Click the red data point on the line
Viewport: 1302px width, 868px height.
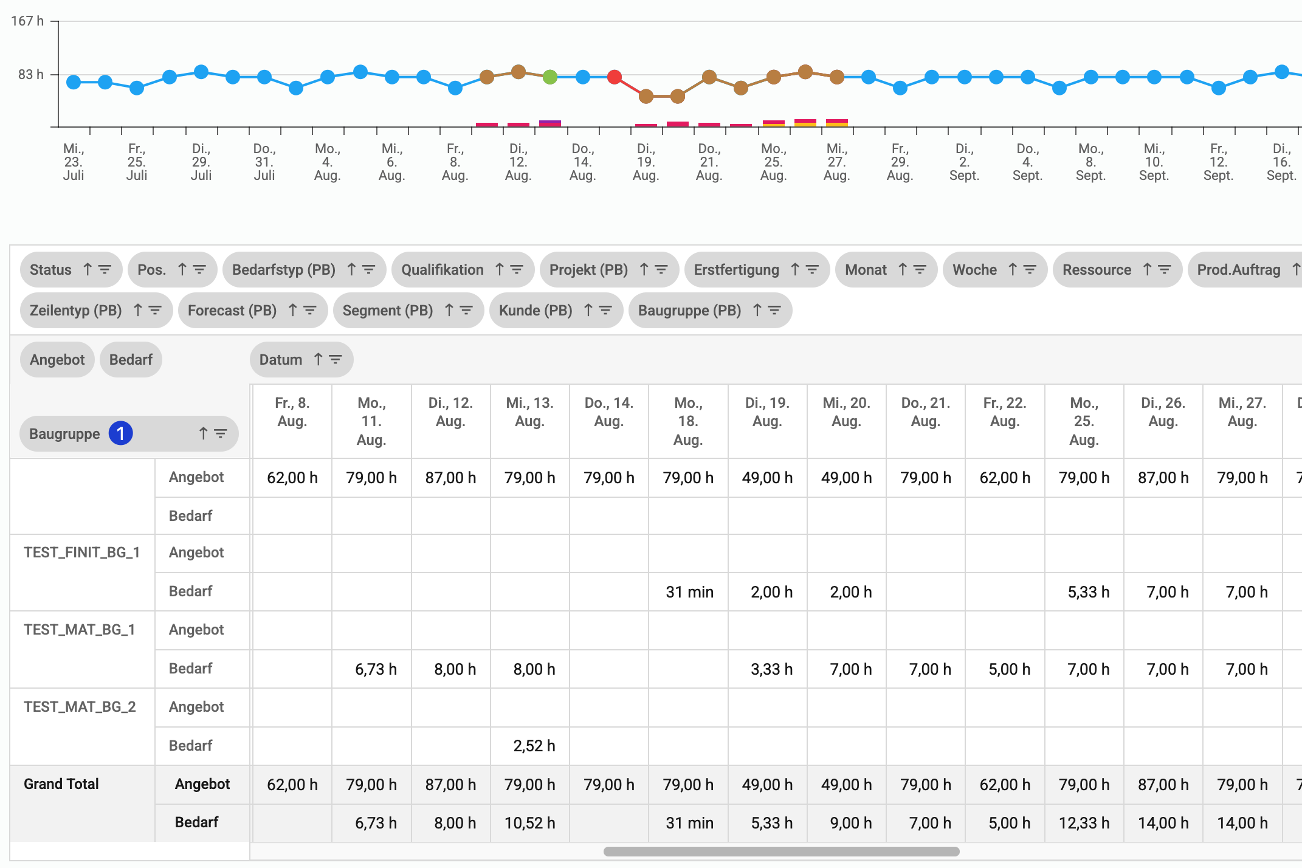615,77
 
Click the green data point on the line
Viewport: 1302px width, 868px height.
550,77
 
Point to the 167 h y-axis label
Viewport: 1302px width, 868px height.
27,21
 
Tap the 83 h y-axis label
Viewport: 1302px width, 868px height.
31,75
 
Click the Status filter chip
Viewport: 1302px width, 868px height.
71,270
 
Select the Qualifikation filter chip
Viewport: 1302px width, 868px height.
463,270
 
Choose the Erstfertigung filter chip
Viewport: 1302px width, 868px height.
756,270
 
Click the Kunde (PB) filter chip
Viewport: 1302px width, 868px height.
556,311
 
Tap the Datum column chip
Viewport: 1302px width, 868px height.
301,360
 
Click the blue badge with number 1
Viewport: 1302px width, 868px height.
120,433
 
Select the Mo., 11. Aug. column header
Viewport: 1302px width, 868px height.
371,421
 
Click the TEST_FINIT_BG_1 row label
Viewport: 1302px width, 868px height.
82,553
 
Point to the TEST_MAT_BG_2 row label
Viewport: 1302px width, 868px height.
80,707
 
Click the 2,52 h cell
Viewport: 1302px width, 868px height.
534,746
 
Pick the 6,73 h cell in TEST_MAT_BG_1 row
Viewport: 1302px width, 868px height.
376,669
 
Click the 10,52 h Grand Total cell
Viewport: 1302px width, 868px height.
529,823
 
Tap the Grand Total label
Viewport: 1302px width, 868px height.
61,784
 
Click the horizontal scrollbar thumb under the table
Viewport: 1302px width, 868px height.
781,852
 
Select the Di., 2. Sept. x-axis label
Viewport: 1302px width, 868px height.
964,162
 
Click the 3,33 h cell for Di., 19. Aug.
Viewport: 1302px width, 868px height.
771,669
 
